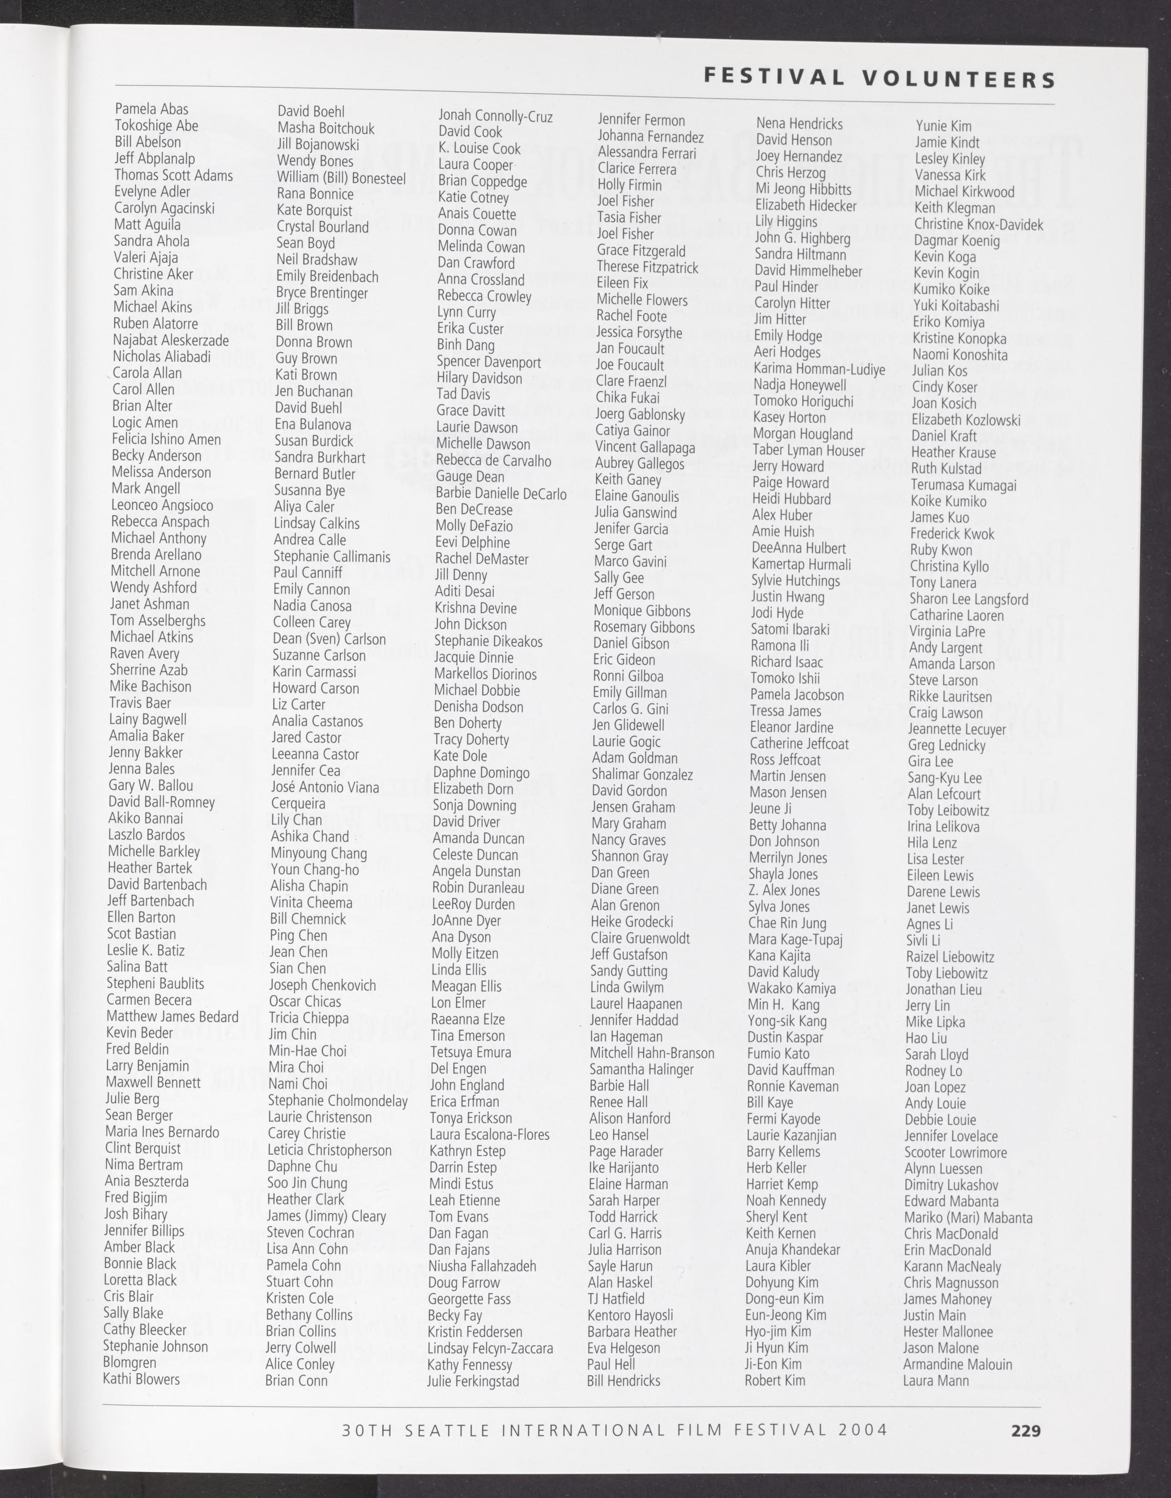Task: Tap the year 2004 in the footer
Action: pyautogui.click(x=862, y=1430)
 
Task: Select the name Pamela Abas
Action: pyautogui.click(x=151, y=109)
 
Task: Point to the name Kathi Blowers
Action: pyautogui.click(x=141, y=1379)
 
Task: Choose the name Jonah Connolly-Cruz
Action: pyautogui.click(x=495, y=117)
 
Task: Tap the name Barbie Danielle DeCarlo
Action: pyautogui.click(x=501, y=494)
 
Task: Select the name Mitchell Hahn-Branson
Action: pyautogui.click(x=651, y=1053)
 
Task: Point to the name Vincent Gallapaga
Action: pyautogui.click(x=644, y=447)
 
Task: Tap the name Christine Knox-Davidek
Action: pyautogui.click(x=978, y=224)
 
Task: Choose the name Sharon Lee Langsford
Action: pyautogui.click(x=969, y=599)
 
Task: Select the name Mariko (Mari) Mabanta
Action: pyautogui.click(x=967, y=1218)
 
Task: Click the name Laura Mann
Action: pyautogui.click(x=935, y=1381)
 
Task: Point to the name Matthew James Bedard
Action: pyautogui.click(x=172, y=1016)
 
